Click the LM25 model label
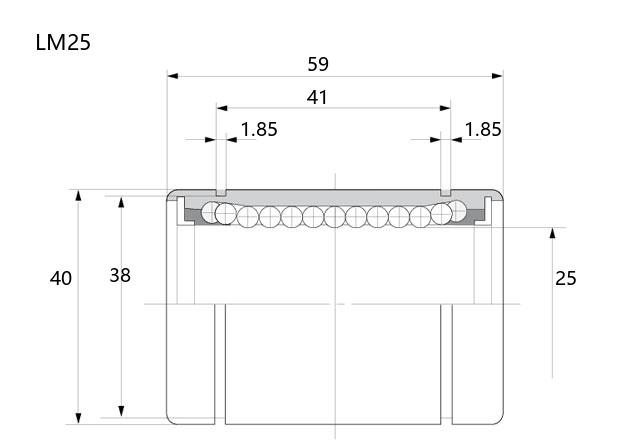pos(63,42)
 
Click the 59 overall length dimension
pos(318,64)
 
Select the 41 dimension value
pos(317,98)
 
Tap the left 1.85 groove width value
pos(259,129)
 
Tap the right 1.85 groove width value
pos(483,129)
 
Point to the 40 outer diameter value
pos(61,278)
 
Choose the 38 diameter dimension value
pos(120,276)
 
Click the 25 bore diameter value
pos(566,278)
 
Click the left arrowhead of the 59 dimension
pos(173,76)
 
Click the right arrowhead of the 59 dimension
pos(497,76)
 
